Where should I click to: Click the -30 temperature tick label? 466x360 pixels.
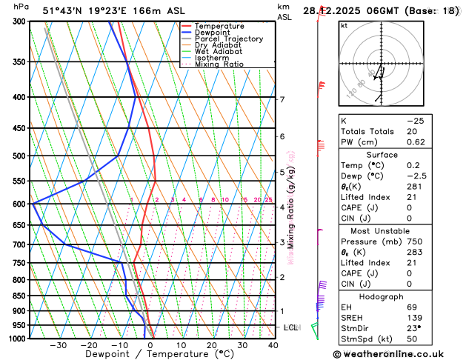pos(58,345)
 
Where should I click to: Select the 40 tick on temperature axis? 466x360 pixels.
pos(273,345)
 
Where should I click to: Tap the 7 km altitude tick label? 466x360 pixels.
pos(282,99)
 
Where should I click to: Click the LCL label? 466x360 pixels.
pos(291,327)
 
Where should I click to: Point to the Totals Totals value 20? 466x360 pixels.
pos(412,131)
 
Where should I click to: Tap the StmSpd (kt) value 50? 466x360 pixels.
pos(412,339)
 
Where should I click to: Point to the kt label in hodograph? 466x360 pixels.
pos(344,25)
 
